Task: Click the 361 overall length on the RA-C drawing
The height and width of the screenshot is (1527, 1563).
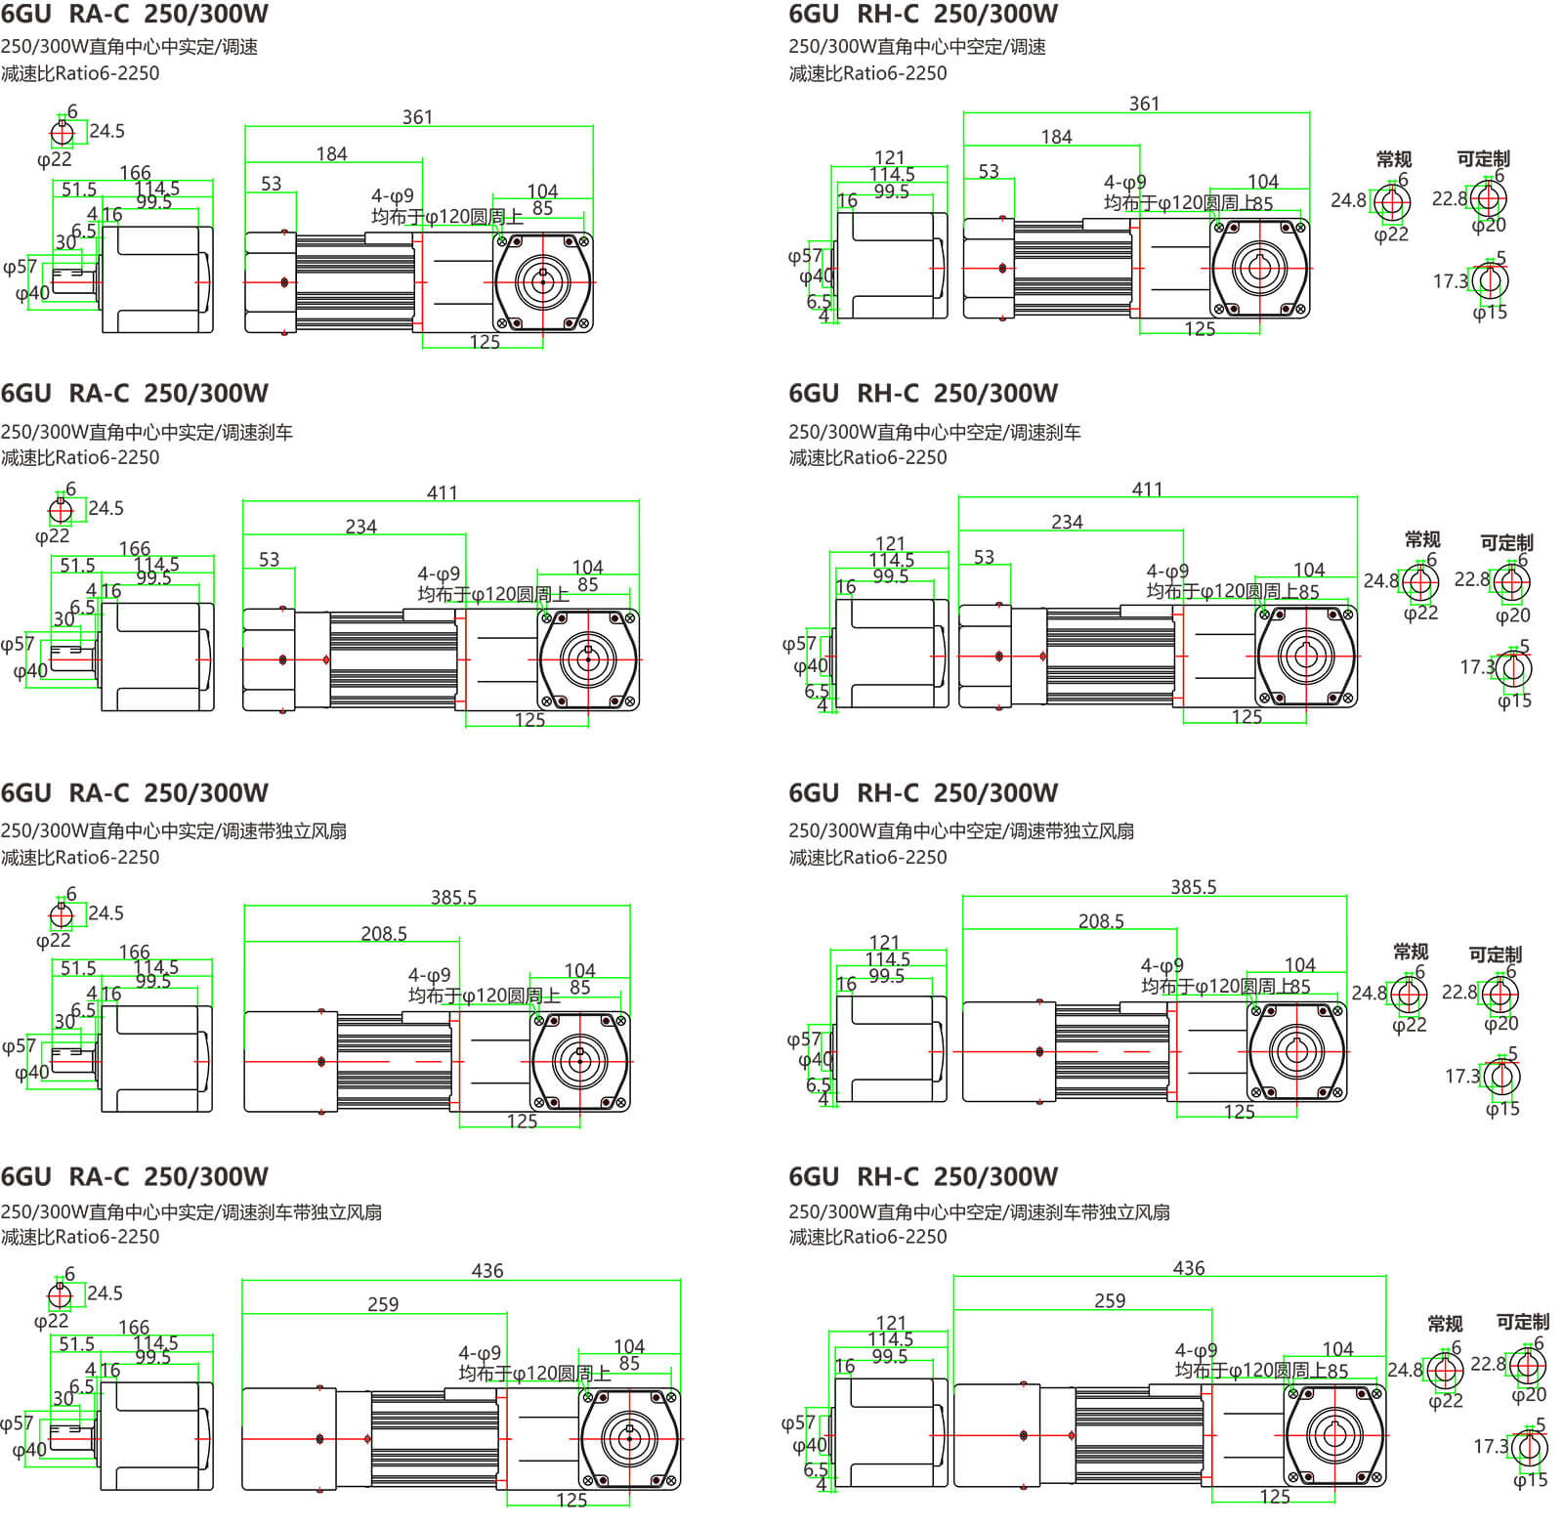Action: pyautogui.click(x=417, y=117)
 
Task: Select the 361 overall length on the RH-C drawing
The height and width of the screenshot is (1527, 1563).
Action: pyautogui.click(x=1144, y=104)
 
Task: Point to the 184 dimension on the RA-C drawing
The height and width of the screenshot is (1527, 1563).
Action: pyautogui.click(x=331, y=154)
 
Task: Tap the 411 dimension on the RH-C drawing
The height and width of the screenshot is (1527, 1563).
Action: pyautogui.click(x=1147, y=489)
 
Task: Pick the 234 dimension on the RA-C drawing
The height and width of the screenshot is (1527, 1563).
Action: pyautogui.click(x=360, y=527)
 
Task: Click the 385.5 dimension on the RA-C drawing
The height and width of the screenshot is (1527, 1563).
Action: pyautogui.click(x=453, y=897)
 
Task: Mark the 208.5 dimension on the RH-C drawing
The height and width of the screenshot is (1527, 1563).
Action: pyautogui.click(x=1101, y=921)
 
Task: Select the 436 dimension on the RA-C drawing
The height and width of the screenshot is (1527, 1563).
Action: pyautogui.click(x=486, y=1270)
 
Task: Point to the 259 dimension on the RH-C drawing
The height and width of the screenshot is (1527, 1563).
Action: pyautogui.click(x=1110, y=1301)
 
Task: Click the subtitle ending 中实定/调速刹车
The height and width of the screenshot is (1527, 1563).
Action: pyautogui.click(x=147, y=432)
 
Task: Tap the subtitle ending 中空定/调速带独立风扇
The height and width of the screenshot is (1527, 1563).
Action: pyautogui.click(x=961, y=831)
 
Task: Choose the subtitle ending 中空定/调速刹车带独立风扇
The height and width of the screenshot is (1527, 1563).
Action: pyautogui.click(x=979, y=1212)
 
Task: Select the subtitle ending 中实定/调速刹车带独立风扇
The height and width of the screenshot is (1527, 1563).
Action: pyautogui.click(x=190, y=1212)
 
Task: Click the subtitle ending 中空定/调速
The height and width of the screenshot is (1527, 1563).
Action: pyautogui.click(x=917, y=47)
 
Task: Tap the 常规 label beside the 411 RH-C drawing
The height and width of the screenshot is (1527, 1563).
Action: pyautogui.click(x=1422, y=539)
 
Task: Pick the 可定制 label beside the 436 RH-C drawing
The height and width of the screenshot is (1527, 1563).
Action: pyautogui.click(x=1522, y=1322)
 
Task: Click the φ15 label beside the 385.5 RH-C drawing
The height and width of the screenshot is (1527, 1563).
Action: pyautogui.click(x=1502, y=1109)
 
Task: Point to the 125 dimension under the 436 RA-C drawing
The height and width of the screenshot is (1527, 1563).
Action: pyautogui.click(x=571, y=1500)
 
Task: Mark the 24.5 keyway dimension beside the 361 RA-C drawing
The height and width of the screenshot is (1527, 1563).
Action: pyautogui.click(x=106, y=131)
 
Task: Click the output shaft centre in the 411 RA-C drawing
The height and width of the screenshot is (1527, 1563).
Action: pyautogui.click(x=588, y=659)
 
